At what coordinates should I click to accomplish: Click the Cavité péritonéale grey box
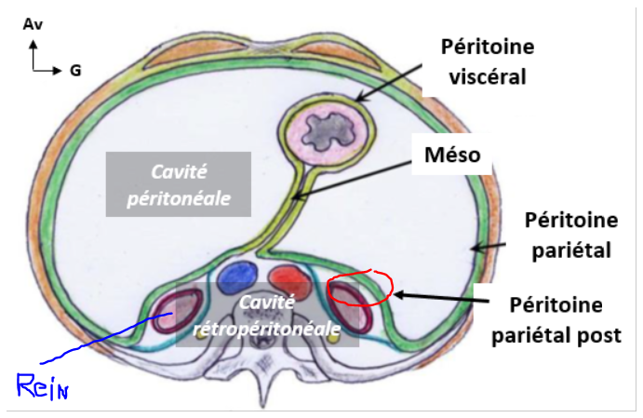click(178, 184)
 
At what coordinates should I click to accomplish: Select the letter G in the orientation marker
click(74, 70)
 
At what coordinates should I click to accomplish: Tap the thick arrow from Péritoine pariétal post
click(437, 297)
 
